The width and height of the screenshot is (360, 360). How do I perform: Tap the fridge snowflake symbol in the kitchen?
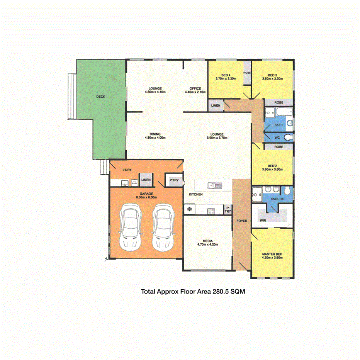(189, 210)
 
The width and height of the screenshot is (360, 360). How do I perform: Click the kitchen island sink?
(215, 185)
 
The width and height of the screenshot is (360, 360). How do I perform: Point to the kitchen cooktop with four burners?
(211, 211)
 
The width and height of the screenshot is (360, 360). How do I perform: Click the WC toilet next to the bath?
(287, 138)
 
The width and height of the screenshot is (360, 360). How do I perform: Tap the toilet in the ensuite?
(286, 191)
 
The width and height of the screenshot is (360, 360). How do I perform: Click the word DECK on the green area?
(101, 97)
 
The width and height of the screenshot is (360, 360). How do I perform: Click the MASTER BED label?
(272, 254)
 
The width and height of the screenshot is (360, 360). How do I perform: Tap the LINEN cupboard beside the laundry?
(146, 180)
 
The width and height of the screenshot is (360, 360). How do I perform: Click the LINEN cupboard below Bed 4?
(216, 105)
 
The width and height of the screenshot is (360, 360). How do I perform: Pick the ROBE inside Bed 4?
(247, 73)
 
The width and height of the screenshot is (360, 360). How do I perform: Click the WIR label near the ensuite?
(263, 220)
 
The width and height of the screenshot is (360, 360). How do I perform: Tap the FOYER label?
(242, 221)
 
